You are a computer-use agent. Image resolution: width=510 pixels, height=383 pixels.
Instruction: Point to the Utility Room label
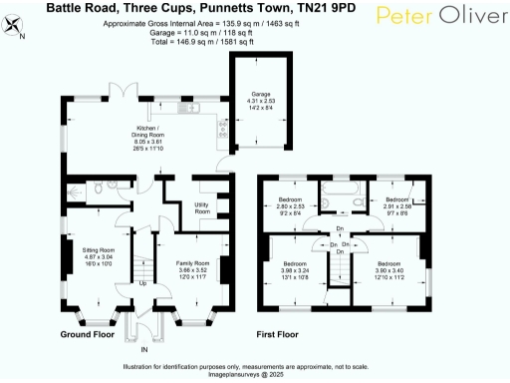[x=201, y=207]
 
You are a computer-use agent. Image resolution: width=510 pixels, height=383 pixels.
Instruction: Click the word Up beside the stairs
[x=142, y=282]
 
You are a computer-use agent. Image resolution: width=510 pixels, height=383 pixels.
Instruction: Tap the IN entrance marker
[x=143, y=351]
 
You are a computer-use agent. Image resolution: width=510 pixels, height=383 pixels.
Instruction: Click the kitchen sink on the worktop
[x=217, y=129]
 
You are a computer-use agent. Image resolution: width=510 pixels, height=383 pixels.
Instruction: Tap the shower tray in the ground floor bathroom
[x=76, y=191]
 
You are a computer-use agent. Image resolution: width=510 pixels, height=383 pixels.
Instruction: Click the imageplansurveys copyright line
[x=253, y=376]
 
